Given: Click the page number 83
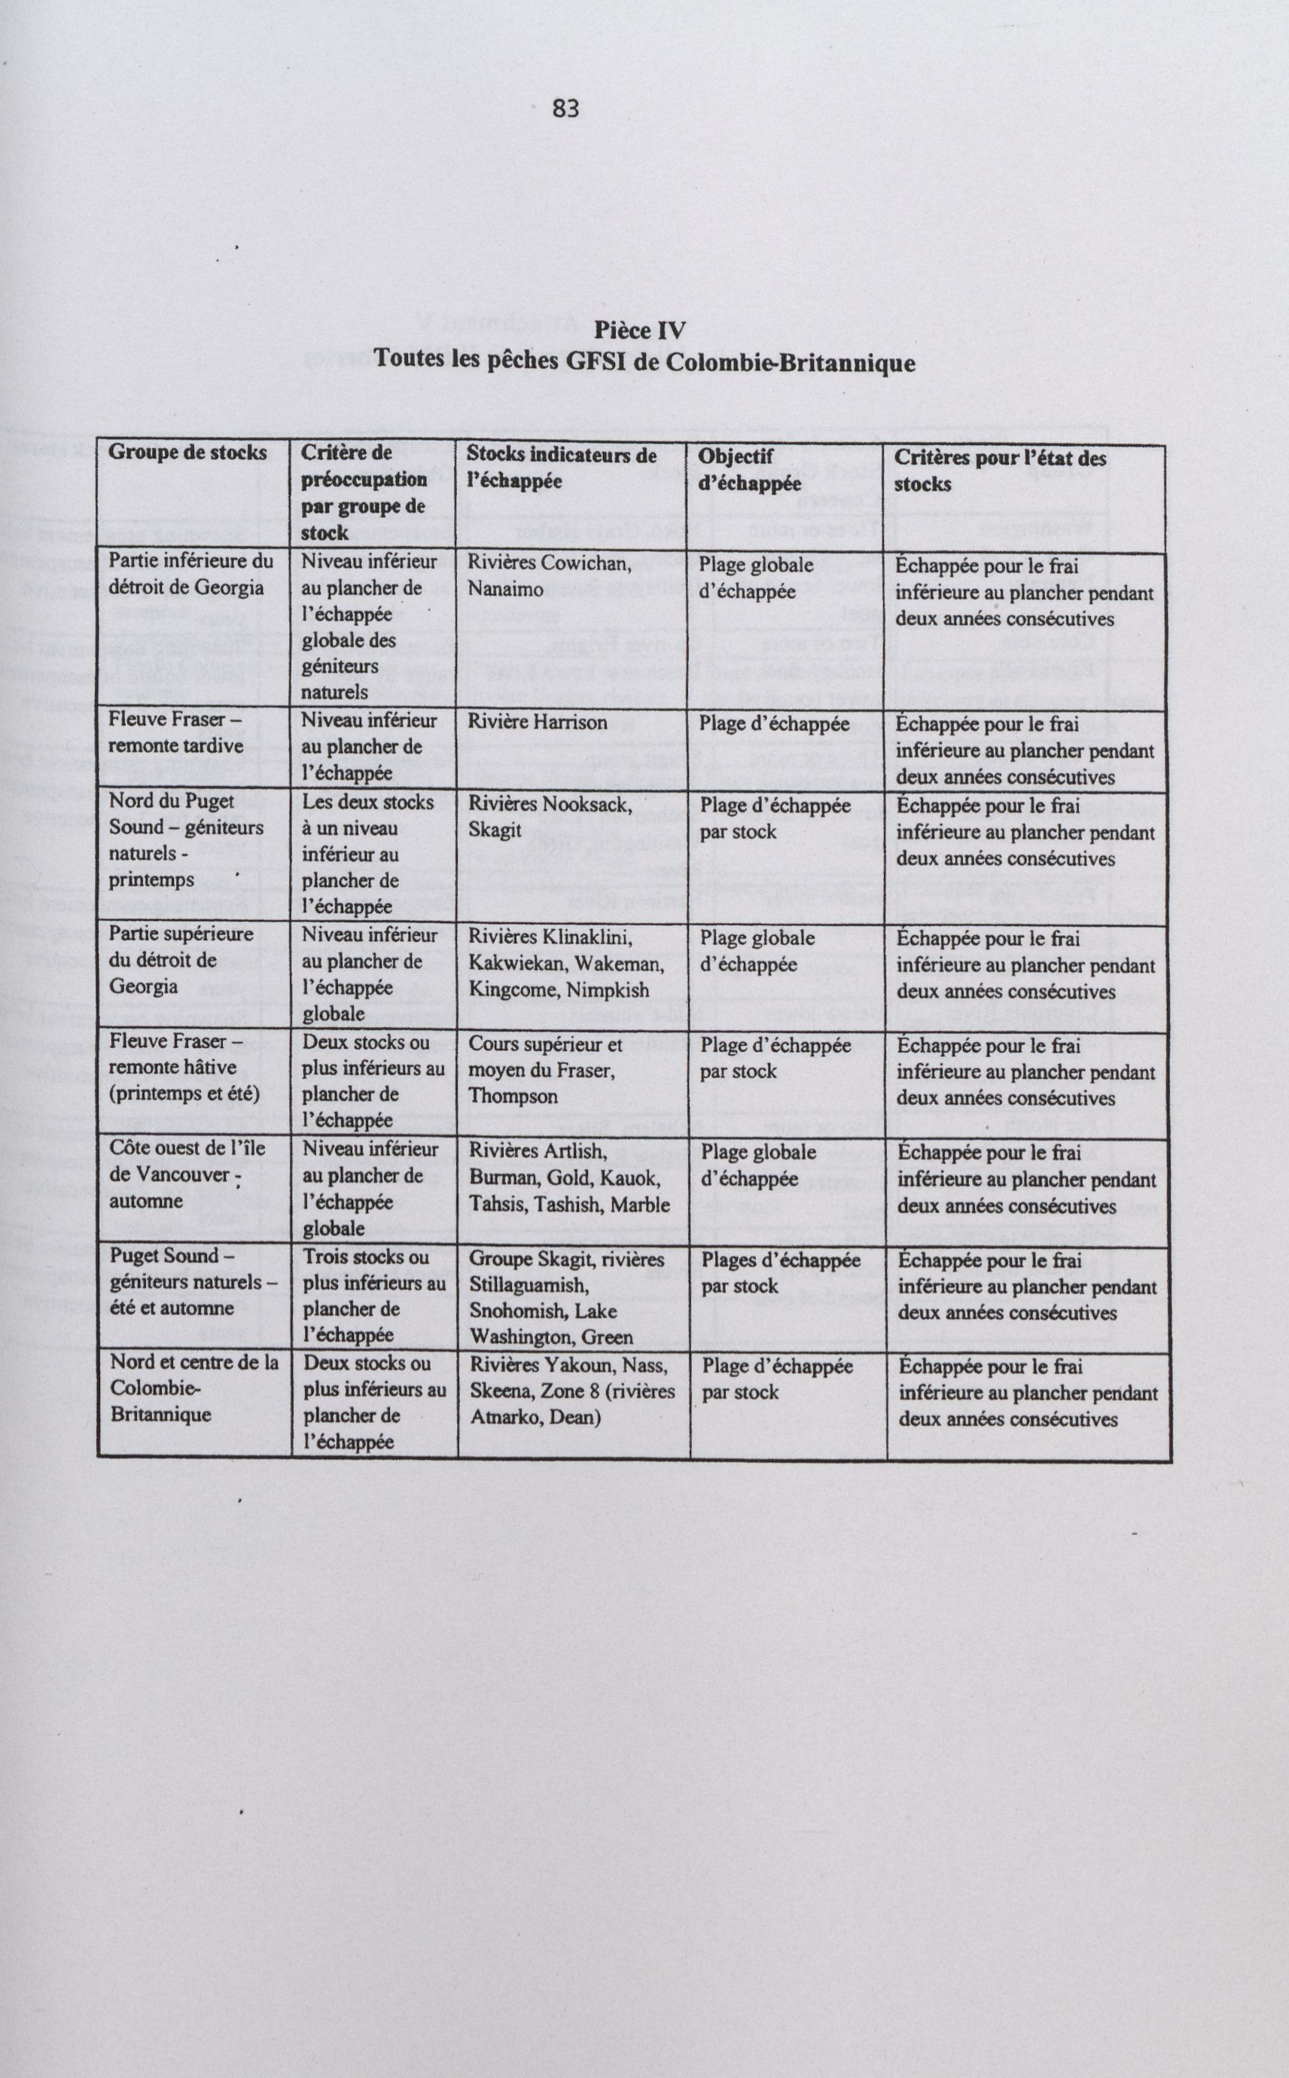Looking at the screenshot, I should [565, 109].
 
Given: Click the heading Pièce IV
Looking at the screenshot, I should [639, 330].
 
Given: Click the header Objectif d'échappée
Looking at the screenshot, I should [750, 470].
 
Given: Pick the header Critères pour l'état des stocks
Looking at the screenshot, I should [999, 471].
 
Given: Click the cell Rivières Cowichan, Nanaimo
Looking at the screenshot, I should [549, 576].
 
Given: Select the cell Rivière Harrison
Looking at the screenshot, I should [537, 722].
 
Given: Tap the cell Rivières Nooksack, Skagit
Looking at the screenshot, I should [549, 818].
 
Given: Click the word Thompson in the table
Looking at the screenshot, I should [512, 1096].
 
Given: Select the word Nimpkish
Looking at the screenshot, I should [607, 989].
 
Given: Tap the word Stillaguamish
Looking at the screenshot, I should [529, 1284].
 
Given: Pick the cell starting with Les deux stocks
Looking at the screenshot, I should [367, 854].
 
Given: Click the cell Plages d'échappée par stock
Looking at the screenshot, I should [781, 1272].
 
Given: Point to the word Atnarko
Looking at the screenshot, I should [504, 1418].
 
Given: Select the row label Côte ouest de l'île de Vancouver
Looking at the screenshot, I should [187, 1175].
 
